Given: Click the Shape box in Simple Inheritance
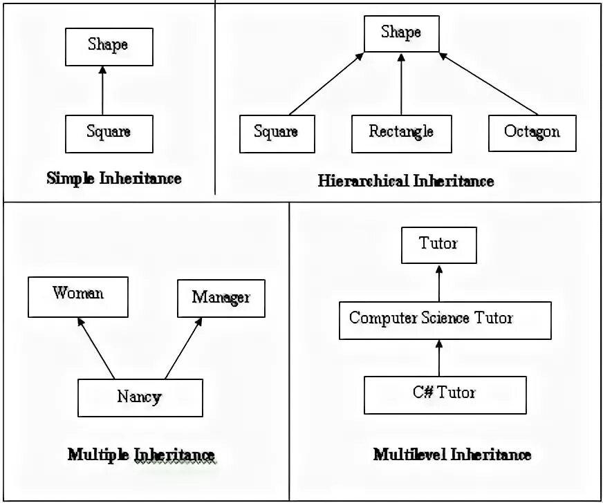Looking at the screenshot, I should click(108, 46).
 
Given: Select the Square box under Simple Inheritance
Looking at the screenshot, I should click(109, 133).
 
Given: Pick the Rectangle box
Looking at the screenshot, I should click(401, 133).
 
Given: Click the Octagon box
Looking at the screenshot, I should click(532, 133).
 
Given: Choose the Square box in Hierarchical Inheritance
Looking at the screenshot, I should click(276, 133).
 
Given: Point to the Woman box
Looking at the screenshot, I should click(78, 296).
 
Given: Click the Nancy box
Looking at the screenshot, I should click(140, 398).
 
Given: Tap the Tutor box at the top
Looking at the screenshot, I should click(438, 245).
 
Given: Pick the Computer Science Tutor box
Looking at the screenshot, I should click(445, 320).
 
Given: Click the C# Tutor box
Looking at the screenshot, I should click(445, 394).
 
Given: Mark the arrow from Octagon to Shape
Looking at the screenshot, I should click(489, 84).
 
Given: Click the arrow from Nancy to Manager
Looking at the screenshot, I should click(183, 348).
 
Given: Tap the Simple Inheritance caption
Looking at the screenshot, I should click(114, 179).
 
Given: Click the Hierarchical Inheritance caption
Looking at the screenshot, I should click(406, 182).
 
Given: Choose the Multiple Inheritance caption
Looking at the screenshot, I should click(141, 455).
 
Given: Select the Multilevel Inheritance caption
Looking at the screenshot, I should click(452, 455).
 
